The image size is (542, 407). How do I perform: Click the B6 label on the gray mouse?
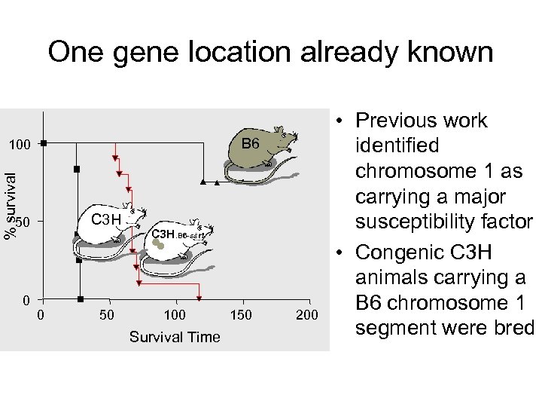pos(250,143)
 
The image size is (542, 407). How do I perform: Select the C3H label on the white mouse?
pos(105,219)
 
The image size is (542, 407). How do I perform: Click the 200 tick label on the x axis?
pos(306,314)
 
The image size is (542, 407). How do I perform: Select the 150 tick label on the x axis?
pos(242,314)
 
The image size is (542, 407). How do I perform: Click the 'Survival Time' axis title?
pos(175,337)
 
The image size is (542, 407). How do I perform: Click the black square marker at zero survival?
pos(80,299)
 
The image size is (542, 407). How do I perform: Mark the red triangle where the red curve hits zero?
pos(199,299)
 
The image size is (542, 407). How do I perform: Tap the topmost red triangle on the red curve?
pos(114,158)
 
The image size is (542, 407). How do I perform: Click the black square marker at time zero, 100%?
pos(44,142)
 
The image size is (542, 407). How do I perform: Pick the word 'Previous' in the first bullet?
pos(400,121)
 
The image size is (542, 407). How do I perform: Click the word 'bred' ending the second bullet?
pos(514,329)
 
